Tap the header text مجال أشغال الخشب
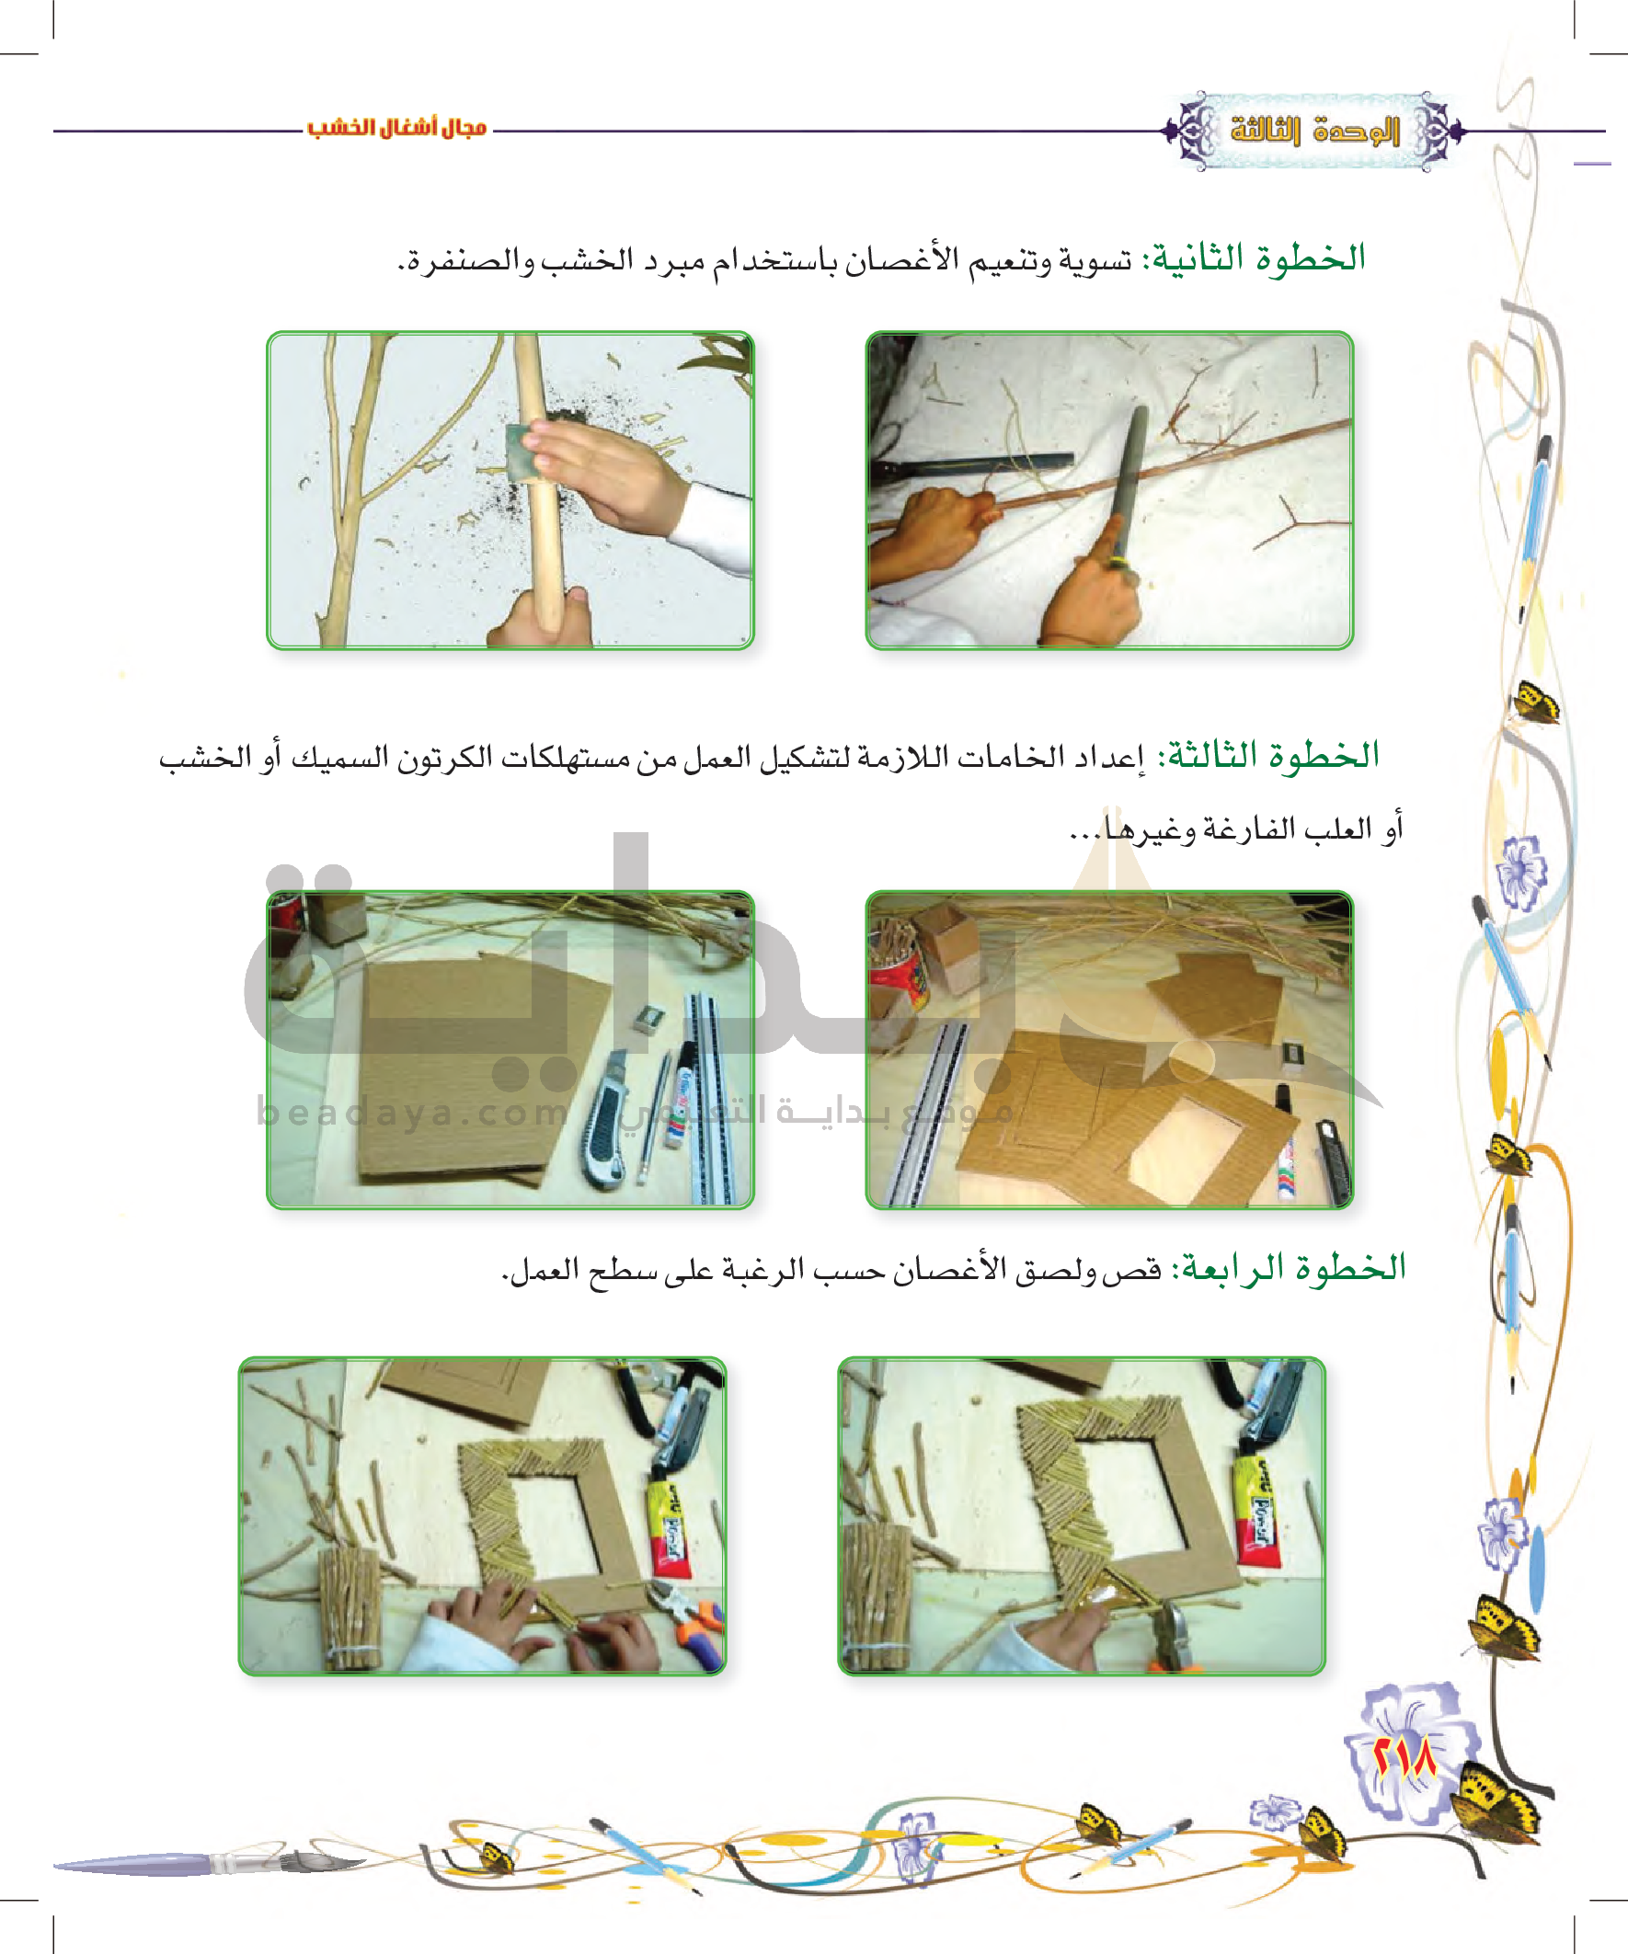[x=397, y=128]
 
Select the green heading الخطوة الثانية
[x=1257, y=257]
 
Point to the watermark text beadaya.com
[x=412, y=1112]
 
